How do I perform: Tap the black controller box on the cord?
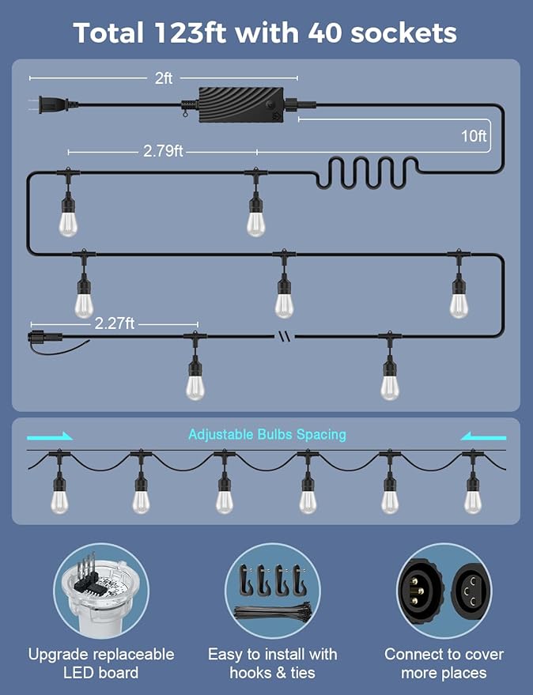pos(241,104)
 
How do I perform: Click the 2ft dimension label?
pos(163,78)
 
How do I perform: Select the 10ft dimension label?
pos(474,136)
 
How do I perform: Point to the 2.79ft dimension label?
pos(163,151)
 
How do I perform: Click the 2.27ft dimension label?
pos(115,323)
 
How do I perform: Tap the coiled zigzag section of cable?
pos(367,173)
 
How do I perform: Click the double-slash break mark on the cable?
pos(285,336)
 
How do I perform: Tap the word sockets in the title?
pos(403,33)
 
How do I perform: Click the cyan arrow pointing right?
pos(50,436)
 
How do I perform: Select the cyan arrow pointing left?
pos(483,436)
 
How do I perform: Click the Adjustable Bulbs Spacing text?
pos(267,434)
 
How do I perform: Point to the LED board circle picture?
pos(101,591)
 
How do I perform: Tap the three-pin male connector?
pos(415,591)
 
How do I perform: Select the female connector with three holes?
pos(471,591)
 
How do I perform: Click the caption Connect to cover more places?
pos(444,663)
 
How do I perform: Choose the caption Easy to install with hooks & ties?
pos(273,663)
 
